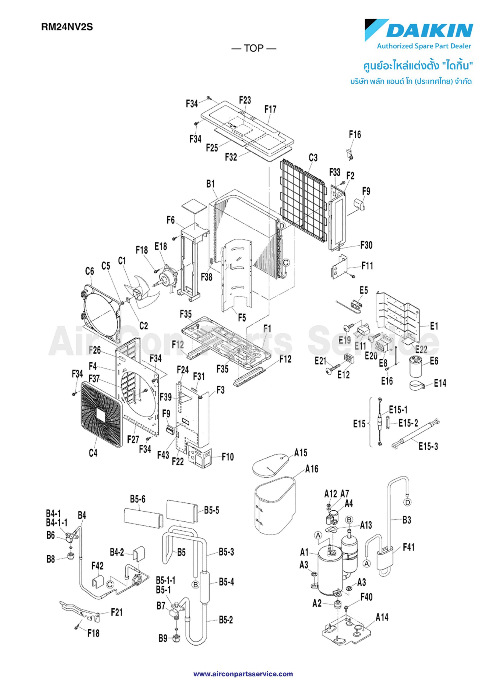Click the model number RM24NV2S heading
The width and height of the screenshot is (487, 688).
67,27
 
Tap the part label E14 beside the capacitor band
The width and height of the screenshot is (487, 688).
440,383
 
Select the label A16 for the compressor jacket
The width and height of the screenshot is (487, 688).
312,469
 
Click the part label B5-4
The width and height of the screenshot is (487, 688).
226,582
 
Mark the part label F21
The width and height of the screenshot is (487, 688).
117,612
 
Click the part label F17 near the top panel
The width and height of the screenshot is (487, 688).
270,110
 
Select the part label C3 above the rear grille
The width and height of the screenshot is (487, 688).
313,157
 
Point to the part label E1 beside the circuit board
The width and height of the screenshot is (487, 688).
434,326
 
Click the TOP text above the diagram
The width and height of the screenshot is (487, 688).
254,48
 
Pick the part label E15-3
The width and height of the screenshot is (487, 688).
428,446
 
